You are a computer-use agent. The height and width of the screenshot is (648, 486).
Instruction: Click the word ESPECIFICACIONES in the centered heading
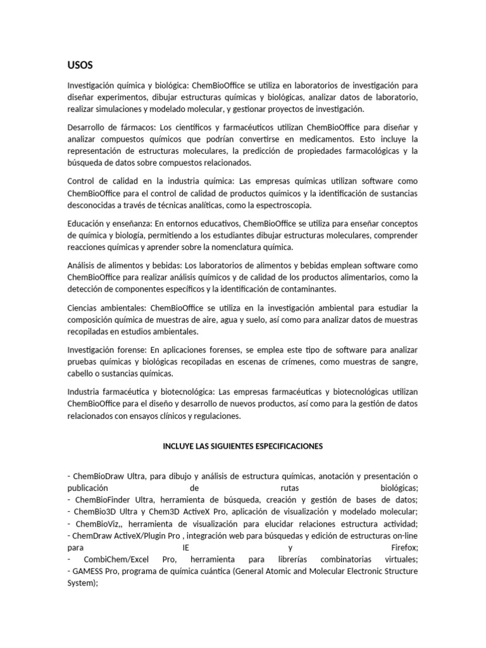point(286,446)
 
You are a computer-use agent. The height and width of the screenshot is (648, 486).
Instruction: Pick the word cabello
point(80,373)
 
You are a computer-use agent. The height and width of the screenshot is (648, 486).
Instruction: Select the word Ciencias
point(84,308)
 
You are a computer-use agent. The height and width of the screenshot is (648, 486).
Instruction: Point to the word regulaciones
point(218,416)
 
